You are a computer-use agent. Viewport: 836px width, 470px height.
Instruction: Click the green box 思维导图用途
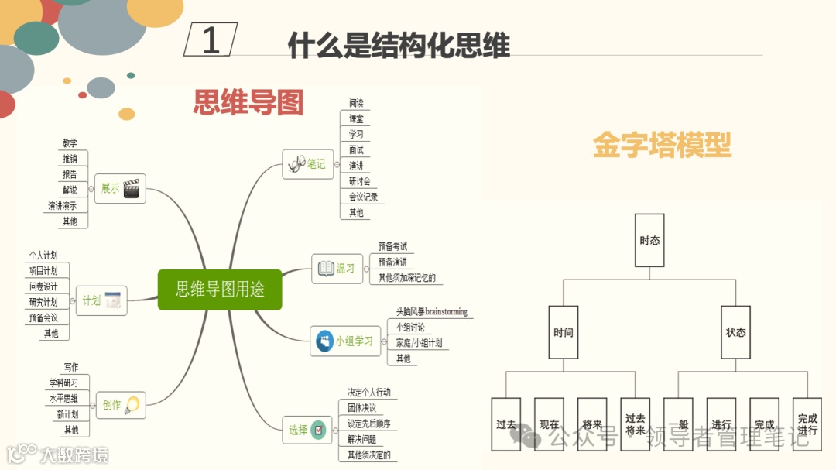[x=220, y=290]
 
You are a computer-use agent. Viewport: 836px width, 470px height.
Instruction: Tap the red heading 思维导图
[x=248, y=102]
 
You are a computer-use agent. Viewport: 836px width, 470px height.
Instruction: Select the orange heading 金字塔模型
[x=662, y=145]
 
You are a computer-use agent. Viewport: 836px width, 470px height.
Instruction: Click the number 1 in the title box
[x=211, y=40]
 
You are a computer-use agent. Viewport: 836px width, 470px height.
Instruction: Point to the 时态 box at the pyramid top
[x=649, y=241]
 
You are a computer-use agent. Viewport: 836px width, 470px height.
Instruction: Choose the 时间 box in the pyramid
[x=563, y=332]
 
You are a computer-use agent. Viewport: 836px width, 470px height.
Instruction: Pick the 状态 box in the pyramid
[x=735, y=332]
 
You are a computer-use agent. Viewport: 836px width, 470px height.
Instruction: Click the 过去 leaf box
[x=506, y=424]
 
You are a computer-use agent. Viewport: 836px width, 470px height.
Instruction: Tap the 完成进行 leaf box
[x=807, y=424]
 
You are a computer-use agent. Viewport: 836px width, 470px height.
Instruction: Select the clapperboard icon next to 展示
[x=134, y=188]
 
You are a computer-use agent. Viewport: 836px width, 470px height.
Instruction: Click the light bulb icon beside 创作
[x=132, y=404]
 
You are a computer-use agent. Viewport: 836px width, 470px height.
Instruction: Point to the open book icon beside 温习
[x=326, y=269]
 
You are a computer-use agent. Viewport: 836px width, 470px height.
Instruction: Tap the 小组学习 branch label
[x=354, y=341]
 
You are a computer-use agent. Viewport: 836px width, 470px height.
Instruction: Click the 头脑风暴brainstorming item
[x=431, y=312]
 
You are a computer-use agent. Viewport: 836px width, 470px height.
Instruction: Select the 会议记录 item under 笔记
[x=363, y=197]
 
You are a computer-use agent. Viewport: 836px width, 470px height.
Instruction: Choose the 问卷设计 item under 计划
[x=43, y=286]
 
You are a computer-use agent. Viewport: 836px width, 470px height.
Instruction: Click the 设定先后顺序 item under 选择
[x=368, y=424]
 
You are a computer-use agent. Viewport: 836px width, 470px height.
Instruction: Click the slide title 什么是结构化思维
[x=399, y=46]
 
